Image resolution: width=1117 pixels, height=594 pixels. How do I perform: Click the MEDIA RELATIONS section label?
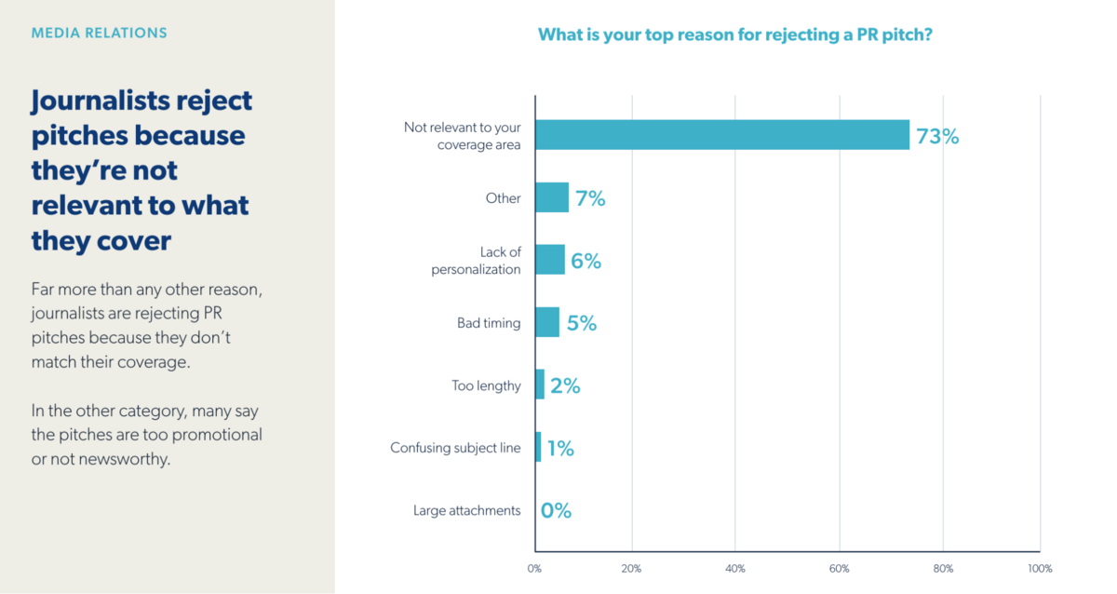[100, 33]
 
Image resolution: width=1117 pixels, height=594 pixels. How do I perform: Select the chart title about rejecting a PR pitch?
[735, 35]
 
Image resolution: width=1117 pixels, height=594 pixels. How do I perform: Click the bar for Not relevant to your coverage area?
[721, 135]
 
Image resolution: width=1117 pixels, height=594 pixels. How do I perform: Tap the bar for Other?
[552, 197]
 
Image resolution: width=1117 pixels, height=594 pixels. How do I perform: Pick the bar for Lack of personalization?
[550, 260]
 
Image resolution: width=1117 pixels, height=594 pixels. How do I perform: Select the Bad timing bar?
[547, 322]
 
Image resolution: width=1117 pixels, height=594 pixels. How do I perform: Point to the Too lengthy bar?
[540, 385]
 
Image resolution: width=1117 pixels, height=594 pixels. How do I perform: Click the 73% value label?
[937, 136]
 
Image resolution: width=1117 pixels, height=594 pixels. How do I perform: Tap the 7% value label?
[590, 198]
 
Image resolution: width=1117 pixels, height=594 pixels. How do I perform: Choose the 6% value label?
[586, 261]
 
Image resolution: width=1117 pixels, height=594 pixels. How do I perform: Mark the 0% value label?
[556, 510]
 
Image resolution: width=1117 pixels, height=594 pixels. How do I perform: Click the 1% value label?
[560, 448]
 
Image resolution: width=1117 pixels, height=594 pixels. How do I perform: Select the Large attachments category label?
[467, 510]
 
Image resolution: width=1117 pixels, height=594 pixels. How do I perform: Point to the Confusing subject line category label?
[455, 448]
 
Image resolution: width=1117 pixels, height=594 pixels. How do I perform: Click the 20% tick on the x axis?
[632, 568]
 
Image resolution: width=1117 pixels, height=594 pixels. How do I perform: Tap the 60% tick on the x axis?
[840, 568]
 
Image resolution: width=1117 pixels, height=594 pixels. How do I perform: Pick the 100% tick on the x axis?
[1039, 568]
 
